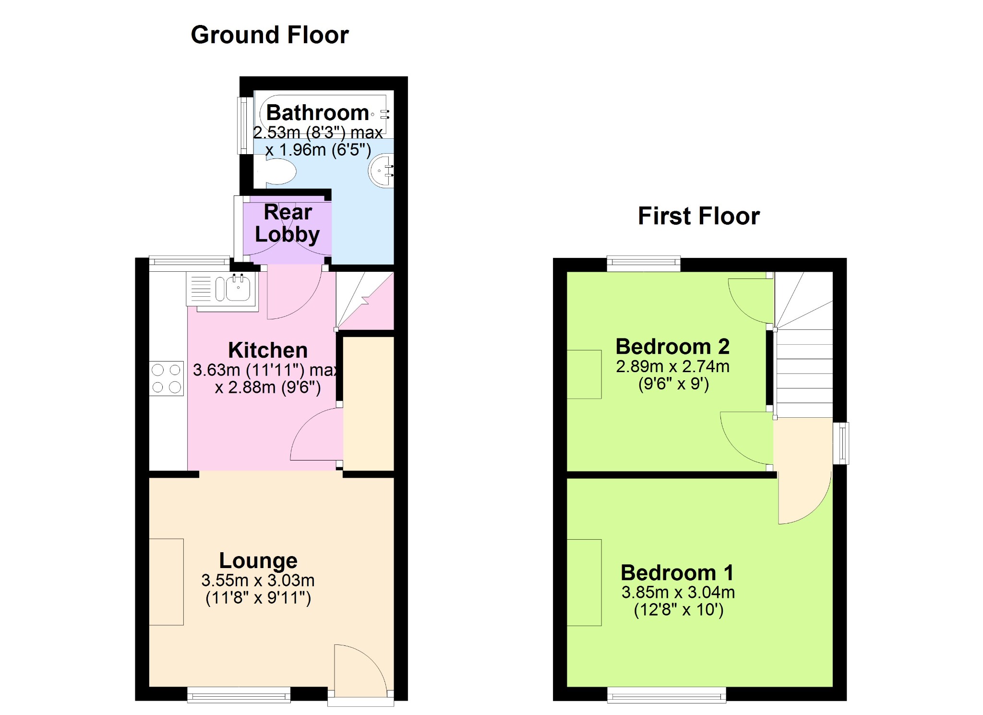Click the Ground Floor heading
pos(270,35)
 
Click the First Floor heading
pos(699,216)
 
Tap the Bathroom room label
pos(318,113)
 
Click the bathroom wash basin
pos(382,170)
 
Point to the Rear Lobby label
pos(288,223)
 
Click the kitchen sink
pos(223,289)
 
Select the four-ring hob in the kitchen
pos(167,378)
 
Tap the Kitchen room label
pos(268,350)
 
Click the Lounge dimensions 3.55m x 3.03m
pos(258,580)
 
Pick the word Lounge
pos(258,560)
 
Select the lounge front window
pos(239,694)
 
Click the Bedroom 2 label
pos(672,346)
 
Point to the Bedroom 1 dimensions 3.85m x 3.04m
pos(678,592)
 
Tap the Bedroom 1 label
pos(677,572)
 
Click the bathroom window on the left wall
pos(245,125)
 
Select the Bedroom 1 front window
pos(667,694)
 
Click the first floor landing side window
pos(841,443)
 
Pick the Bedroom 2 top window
pos(644,264)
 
